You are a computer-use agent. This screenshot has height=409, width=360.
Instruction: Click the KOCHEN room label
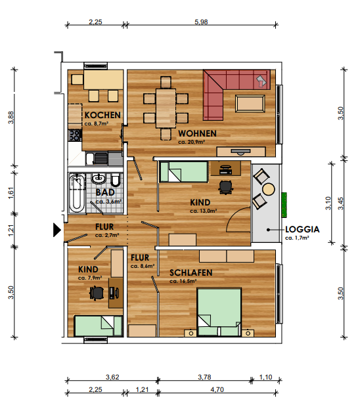point(102,115)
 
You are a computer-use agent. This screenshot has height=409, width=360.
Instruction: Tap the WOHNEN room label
point(197,133)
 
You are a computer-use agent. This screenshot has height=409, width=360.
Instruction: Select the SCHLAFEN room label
point(191,273)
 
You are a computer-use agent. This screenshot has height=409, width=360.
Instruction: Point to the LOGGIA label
point(302,230)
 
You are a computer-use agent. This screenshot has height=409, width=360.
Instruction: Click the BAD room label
point(105,192)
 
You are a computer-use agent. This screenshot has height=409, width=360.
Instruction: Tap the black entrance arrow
point(57,230)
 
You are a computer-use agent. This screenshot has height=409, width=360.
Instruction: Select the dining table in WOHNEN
point(166,108)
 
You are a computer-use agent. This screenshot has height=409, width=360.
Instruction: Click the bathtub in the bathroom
point(77,192)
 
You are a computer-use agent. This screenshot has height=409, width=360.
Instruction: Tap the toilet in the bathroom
point(116,181)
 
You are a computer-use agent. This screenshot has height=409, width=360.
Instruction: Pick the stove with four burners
point(75,135)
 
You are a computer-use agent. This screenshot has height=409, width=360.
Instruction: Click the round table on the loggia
point(269,189)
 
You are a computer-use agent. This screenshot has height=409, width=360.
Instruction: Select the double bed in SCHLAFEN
point(219,312)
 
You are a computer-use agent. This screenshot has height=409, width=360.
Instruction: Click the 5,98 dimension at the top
point(201,22)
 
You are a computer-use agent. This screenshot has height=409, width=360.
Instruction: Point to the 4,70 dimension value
point(217,389)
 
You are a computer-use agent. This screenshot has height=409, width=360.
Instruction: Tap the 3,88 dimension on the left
point(11,118)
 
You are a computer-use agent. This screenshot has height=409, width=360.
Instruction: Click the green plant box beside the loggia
point(284,205)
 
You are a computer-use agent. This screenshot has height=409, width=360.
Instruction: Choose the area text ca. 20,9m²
point(191,142)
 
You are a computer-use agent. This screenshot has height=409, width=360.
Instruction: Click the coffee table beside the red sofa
point(250,104)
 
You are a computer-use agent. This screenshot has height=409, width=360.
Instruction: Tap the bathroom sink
point(99,179)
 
